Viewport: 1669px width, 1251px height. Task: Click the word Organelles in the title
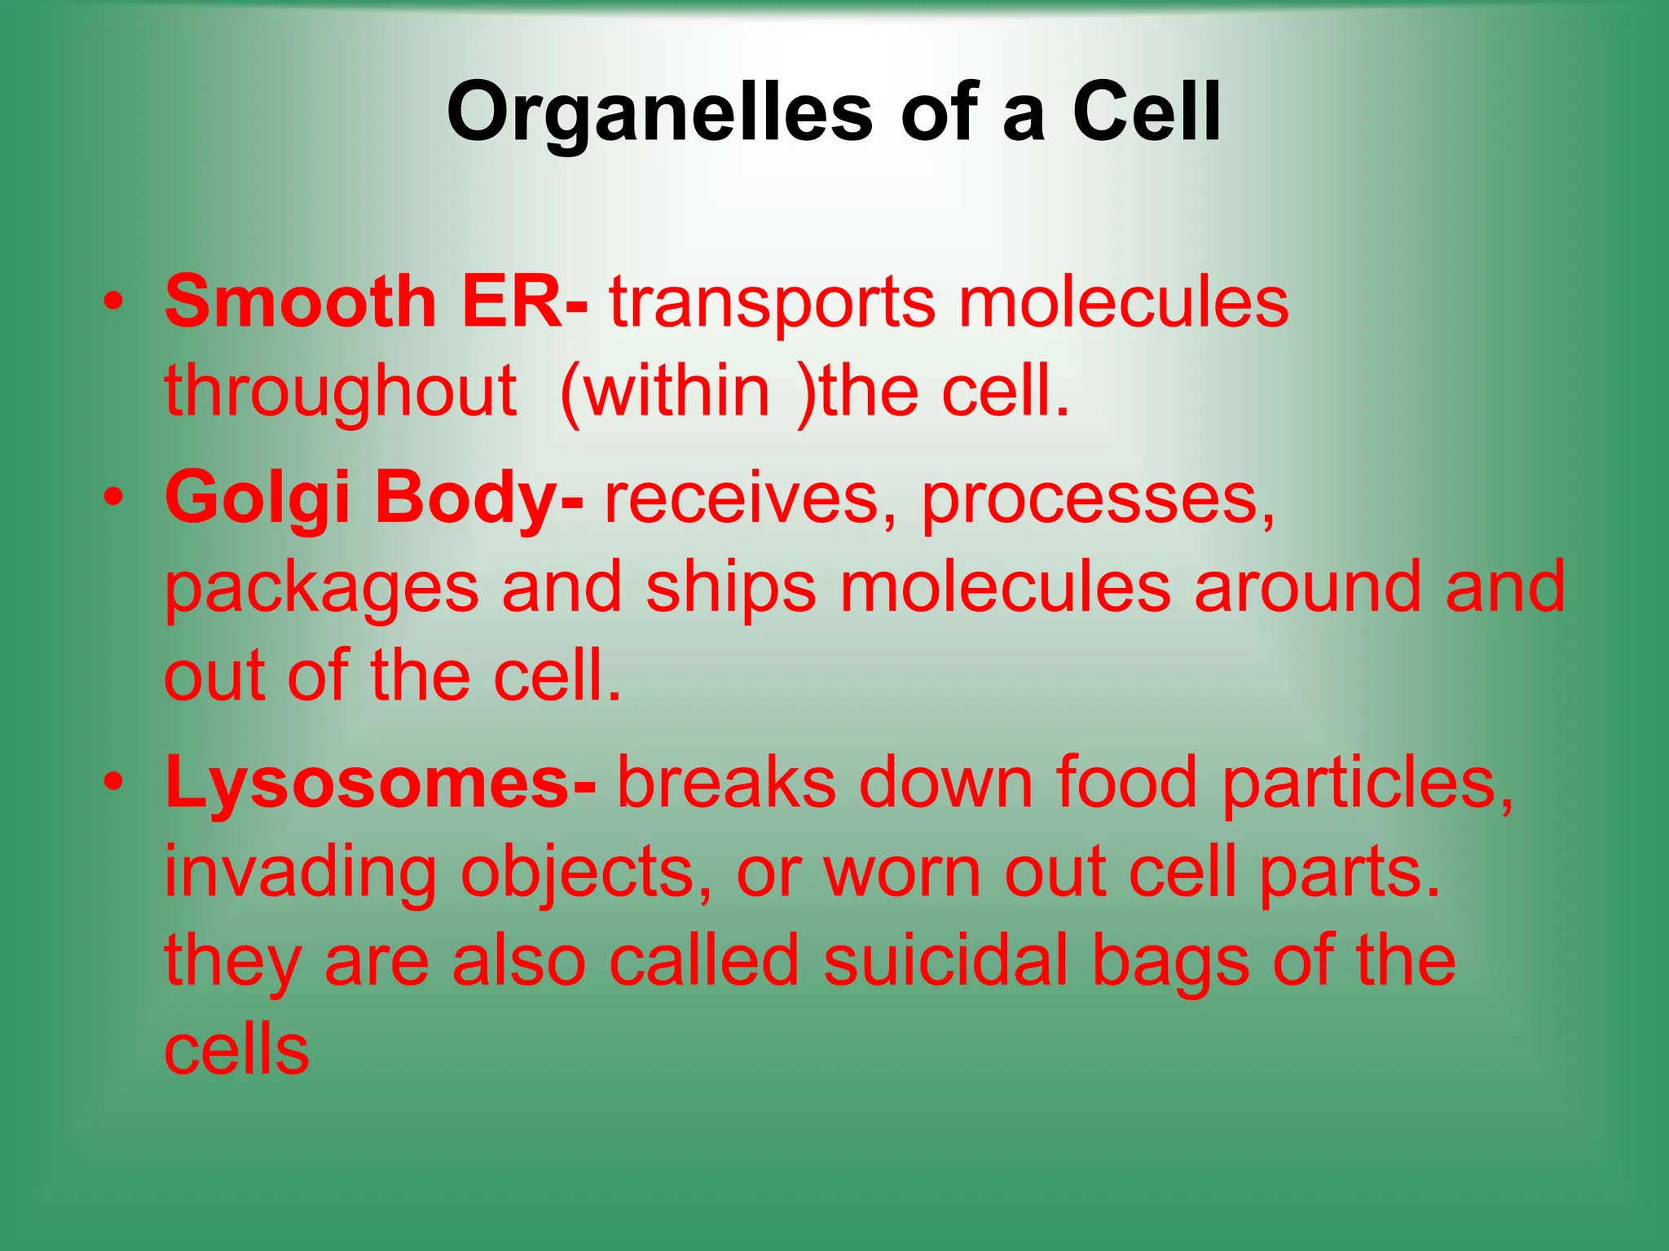[x=659, y=113]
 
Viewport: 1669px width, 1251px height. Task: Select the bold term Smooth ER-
[x=375, y=301]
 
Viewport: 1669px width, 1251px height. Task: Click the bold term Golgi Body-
[x=373, y=498]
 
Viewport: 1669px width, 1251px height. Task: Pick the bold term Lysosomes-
[x=380, y=782]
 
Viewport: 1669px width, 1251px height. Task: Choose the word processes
[x=1097, y=502]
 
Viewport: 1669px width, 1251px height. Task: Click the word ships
[x=730, y=589]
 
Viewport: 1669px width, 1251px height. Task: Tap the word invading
[x=300, y=873]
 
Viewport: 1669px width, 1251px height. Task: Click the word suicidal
[x=945, y=961]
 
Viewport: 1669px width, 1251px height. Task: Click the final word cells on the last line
[x=236, y=1051]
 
